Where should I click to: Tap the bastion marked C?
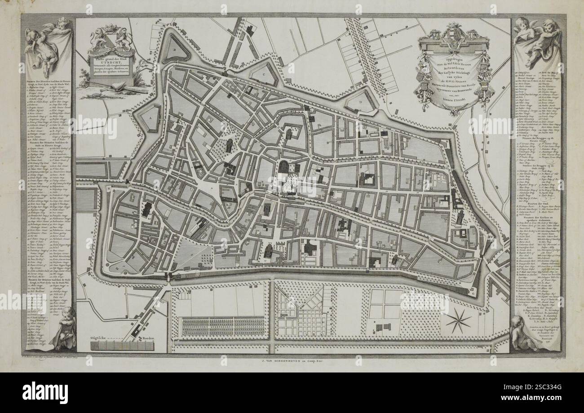coord(265,73)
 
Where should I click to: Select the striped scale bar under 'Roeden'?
coord(122,346)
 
